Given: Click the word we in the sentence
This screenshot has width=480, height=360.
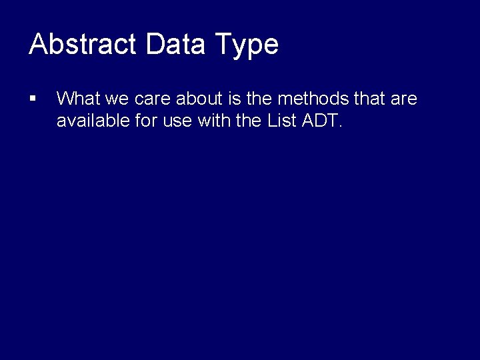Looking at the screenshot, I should pyautogui.click(x=117, y=100).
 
